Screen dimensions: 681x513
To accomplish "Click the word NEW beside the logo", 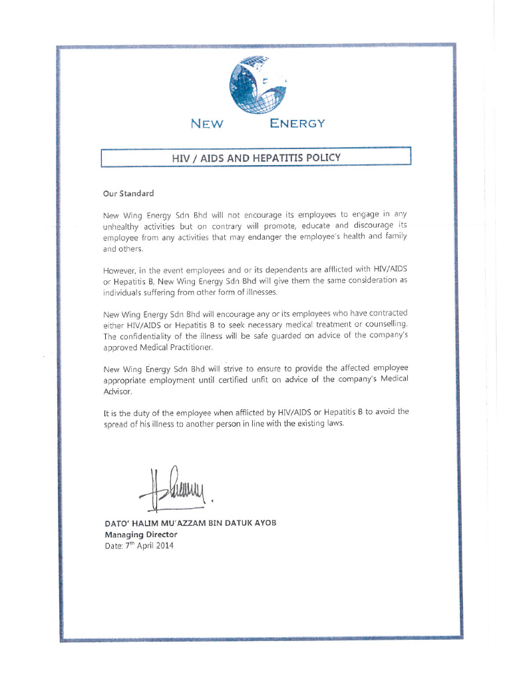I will tap(207, 124).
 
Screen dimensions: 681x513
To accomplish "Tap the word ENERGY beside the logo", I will tap(297, 124).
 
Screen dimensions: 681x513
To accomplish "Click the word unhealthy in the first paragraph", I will tap(122, 226).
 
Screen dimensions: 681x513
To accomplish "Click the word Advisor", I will tap(118, 391).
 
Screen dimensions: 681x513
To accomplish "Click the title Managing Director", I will tap(141, 535).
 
